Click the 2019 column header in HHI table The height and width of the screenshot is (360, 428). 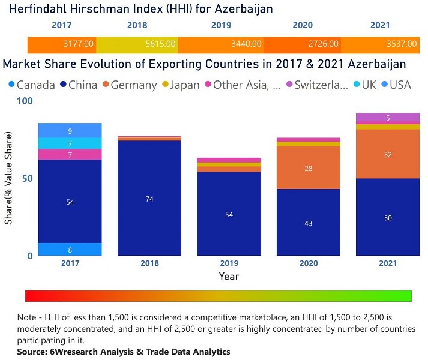(x=221, y=26)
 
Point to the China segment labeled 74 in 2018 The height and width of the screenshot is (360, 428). (x=149, y=199)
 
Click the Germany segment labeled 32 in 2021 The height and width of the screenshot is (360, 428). (x=388, y=154)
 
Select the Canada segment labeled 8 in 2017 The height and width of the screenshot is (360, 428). (x=70, y=250)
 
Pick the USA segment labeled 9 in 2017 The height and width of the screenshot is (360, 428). (x=70, y=130)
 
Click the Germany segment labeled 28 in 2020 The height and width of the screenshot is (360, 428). (x=308, y=168)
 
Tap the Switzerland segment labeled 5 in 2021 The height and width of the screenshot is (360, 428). (x=388, y=118)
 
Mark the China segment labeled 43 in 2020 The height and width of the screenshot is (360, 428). (x=308, y=223)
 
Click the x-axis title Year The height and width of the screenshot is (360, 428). (x=228, y=277)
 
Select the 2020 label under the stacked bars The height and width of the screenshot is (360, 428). (x=308, y=263)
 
